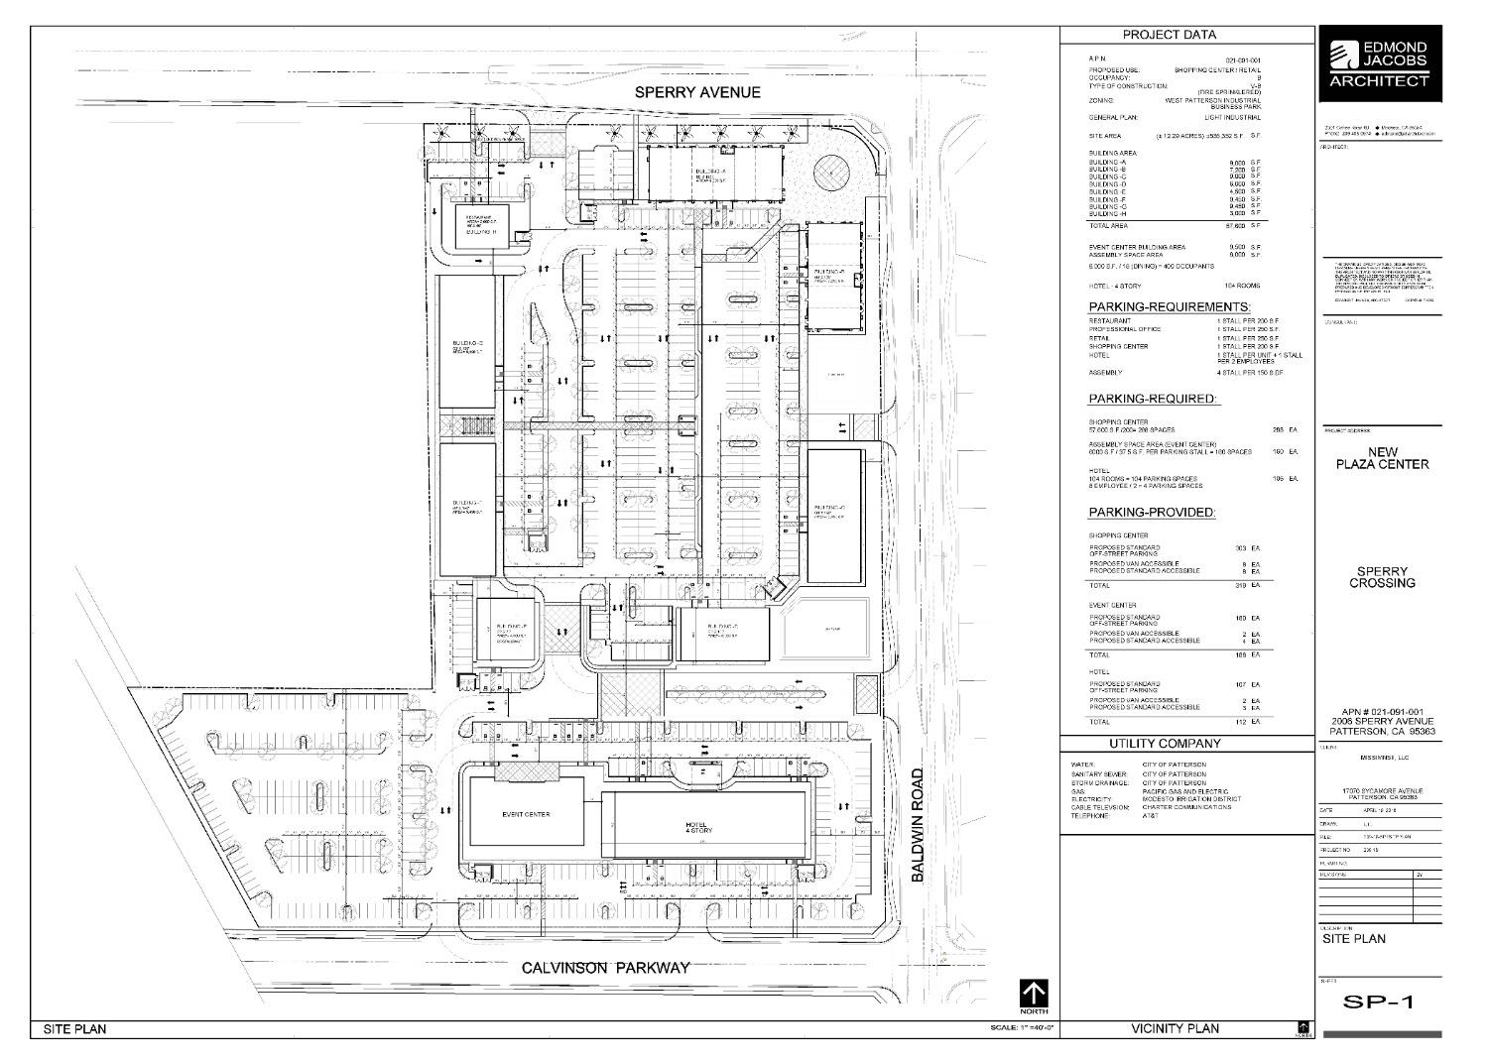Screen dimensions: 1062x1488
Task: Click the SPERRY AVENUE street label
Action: coord(697,92)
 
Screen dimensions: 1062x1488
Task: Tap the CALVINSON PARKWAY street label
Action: coord(605,968)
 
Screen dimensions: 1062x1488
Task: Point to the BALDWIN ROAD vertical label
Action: coord(919,824)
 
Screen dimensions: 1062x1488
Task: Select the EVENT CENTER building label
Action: coord(526,815)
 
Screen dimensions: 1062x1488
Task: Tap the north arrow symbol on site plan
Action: coord(1034,996)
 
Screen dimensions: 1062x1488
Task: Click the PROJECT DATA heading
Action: coord(1169,35)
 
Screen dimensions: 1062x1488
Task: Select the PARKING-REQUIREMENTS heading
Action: coord(1170,307)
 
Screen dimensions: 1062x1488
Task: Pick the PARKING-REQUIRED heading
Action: coord(1153,399)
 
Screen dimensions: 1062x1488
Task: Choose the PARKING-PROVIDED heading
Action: coord(1152,513)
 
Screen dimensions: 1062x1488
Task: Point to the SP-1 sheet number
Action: coord(1379,1002)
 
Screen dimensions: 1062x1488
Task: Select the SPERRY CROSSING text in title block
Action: coord(1382,577)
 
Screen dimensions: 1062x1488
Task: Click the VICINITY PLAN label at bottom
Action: coord(1176,1029)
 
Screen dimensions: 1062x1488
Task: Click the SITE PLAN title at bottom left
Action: coord(74,1029)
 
